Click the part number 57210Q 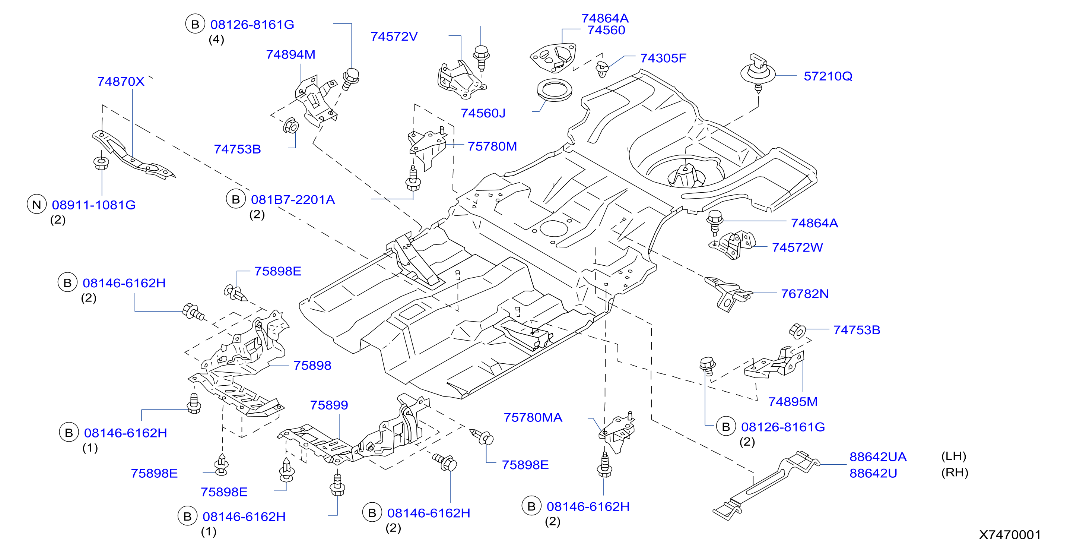(x=828, y=76)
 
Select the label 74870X (x=121, y=81)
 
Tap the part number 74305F (x=663, y=58)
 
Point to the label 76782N (x=805, y=294)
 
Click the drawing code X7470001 (x=1010, y=534)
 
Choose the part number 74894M (x=290, y=54)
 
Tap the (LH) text (x=953, y=456)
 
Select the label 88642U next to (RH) (x=873, y=473)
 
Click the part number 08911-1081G (x=94, y=205)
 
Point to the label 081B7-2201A (x=293, y=199)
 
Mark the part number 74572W (x=797, y=247)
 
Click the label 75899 (x=329, y=405)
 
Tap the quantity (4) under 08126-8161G (x=216, y=39)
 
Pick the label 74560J (x=483, y=113)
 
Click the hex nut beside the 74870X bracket (x=101, y=163)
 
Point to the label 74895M (x=793, y=402)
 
